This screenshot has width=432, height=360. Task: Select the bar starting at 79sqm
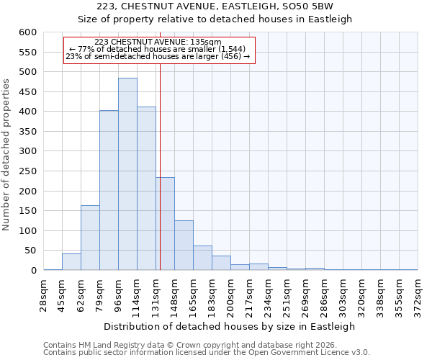[109, 191]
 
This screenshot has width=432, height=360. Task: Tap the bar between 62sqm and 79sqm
[90, 238]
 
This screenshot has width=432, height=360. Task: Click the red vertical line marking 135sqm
[160, 180]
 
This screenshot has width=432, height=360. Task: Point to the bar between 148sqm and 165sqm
[184, 246]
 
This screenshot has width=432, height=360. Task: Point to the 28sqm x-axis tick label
[43, 294]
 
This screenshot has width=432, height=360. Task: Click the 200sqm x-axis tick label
[230, 294]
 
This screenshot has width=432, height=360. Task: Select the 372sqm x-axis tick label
[418, 294]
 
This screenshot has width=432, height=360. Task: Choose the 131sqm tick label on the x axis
[156, 294]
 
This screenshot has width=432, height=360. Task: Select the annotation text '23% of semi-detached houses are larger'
[158, 56]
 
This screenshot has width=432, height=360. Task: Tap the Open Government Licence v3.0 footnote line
[207, 353]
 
